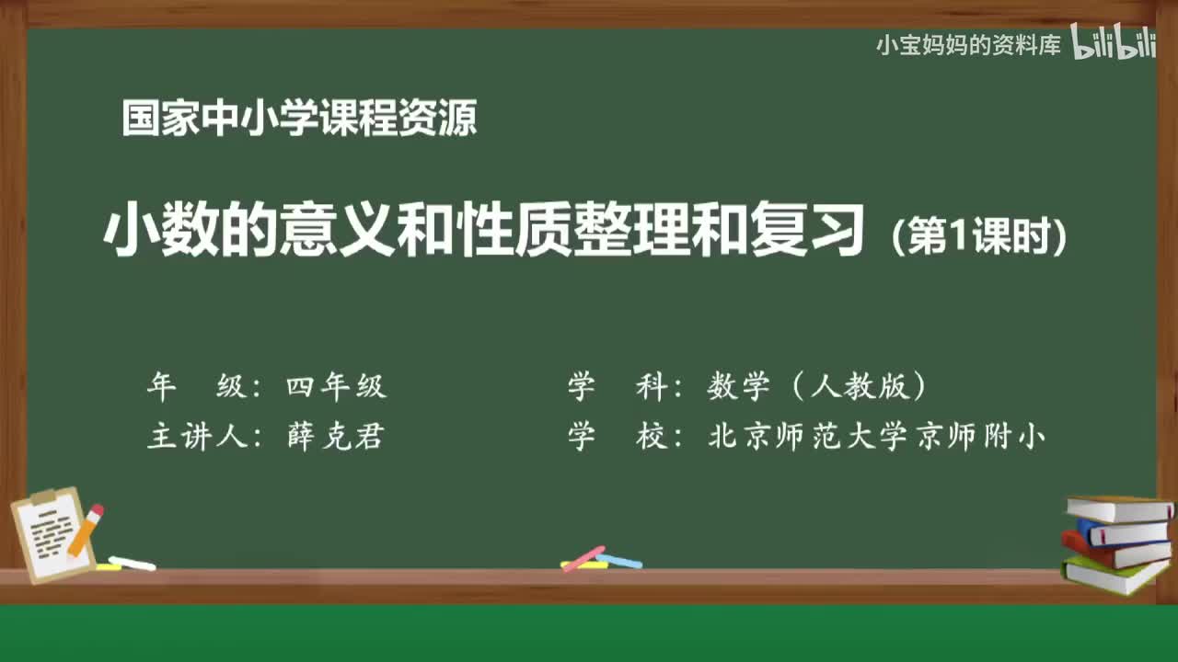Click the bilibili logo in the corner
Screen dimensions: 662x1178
[1114, 43]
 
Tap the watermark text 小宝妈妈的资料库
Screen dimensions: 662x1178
[968, 45]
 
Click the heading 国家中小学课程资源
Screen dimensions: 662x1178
[299, 120]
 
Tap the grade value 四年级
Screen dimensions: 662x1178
[336, 387]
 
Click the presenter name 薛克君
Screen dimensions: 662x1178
[335, 437]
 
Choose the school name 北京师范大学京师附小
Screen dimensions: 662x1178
[876, 437]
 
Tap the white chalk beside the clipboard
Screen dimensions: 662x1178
[132, 563]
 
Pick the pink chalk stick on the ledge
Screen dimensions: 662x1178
[583, 558]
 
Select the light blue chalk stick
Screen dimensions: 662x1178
[618, 561]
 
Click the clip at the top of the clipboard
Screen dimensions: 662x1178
[43, 497]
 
